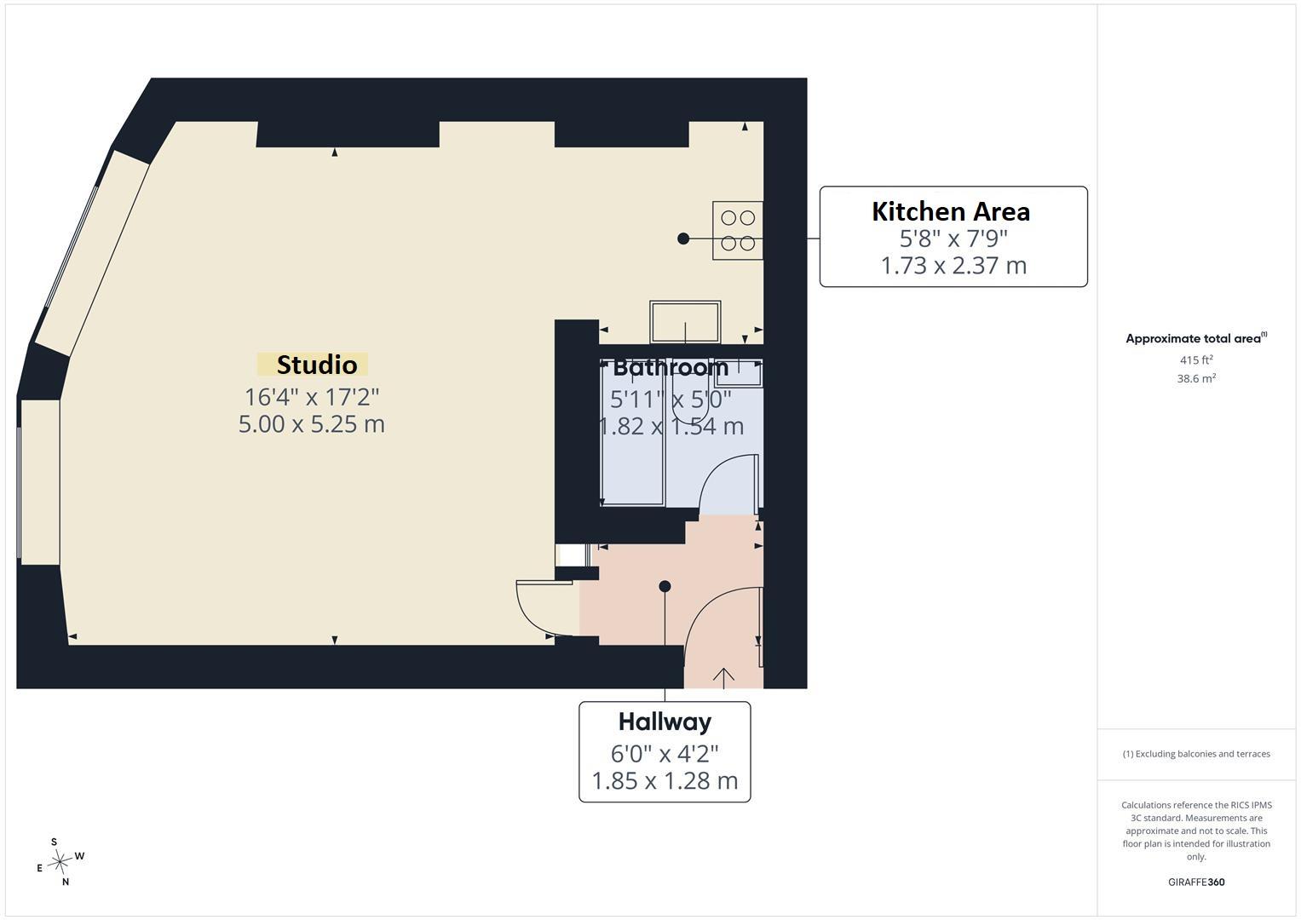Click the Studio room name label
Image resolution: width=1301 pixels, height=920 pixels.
317,365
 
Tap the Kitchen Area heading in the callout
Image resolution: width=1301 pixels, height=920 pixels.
951,211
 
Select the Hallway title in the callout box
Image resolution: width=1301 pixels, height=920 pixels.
665,722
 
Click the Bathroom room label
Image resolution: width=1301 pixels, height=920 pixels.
671,368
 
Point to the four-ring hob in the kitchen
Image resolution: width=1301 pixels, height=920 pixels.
738,231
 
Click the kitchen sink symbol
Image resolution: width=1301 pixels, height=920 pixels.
685,322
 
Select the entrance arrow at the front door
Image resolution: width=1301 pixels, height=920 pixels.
723,678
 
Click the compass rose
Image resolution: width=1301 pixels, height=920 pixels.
60,862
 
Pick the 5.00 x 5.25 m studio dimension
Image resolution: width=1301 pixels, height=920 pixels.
311,424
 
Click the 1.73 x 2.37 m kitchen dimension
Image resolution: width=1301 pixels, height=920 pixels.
953,266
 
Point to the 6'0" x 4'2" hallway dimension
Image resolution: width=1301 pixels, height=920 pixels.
665,754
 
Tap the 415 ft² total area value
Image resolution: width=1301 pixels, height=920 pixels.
1196,360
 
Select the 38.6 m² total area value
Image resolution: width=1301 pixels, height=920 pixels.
1196,379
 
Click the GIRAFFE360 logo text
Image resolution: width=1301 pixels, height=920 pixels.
1196,882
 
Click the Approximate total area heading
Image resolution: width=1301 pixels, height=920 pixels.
1196,338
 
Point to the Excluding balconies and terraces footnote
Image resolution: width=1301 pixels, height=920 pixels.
1196,754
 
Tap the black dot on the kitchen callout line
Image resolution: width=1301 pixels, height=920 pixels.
683,239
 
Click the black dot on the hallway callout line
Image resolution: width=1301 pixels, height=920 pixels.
665,587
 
